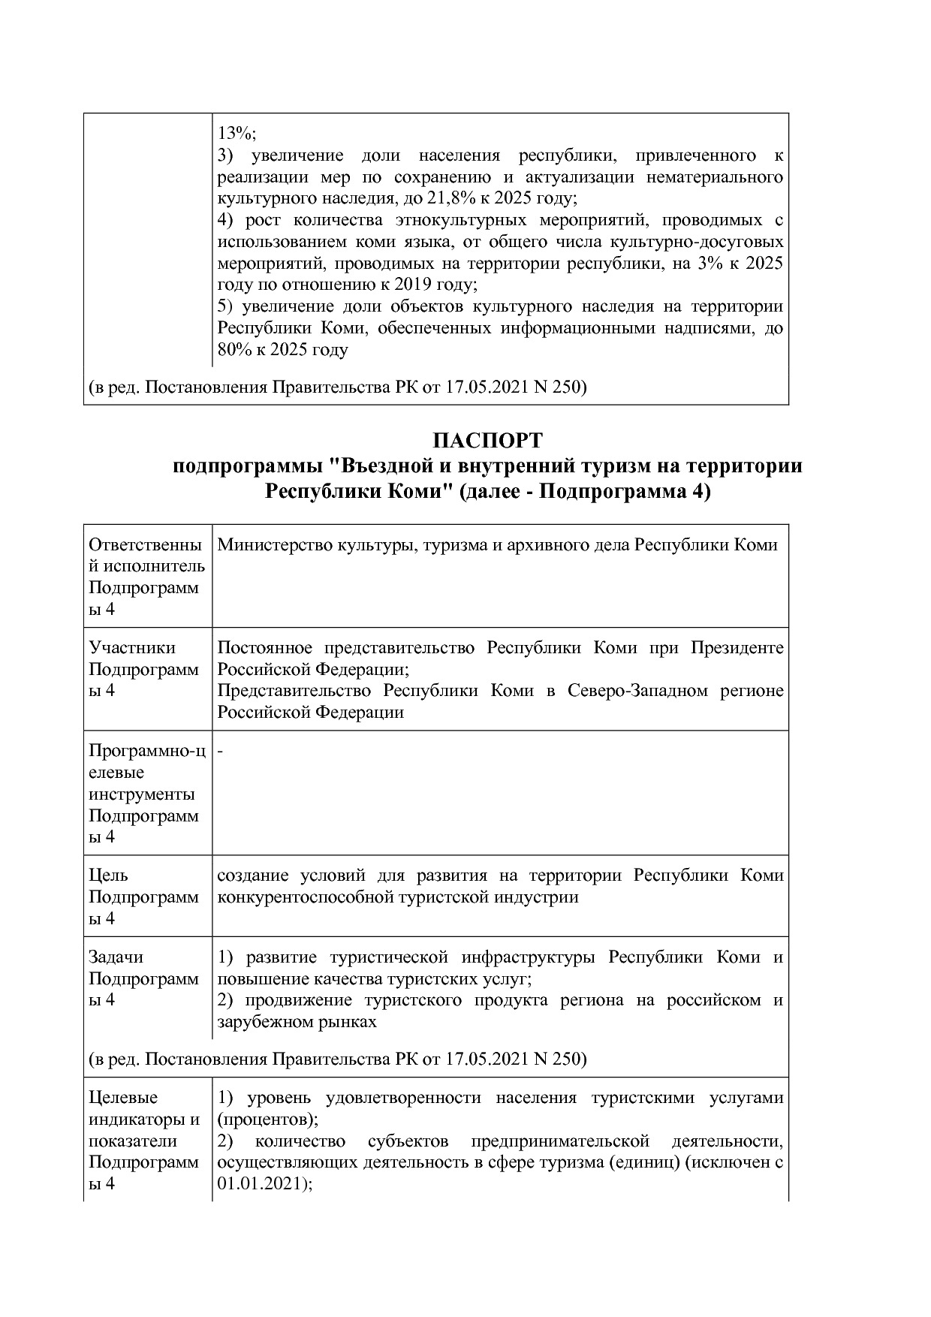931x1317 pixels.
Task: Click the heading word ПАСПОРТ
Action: click(x=487, y=440)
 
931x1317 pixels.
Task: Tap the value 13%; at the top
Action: click(x=237, y=134)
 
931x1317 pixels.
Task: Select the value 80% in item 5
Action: click(x=234, y=350)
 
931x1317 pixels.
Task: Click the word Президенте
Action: click(x=737, y=648)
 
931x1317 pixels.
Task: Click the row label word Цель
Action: click(x=108, y=875)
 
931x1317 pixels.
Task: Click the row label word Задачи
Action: click(x=116, y=957)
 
